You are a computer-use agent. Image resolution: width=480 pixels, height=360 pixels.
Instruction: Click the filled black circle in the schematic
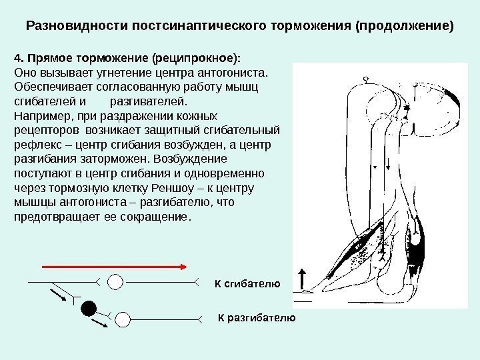pyautogui.click(x=87, y=308)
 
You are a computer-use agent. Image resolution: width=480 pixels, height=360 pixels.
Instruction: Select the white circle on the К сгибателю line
pyautogui.click(x=116, y=282)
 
